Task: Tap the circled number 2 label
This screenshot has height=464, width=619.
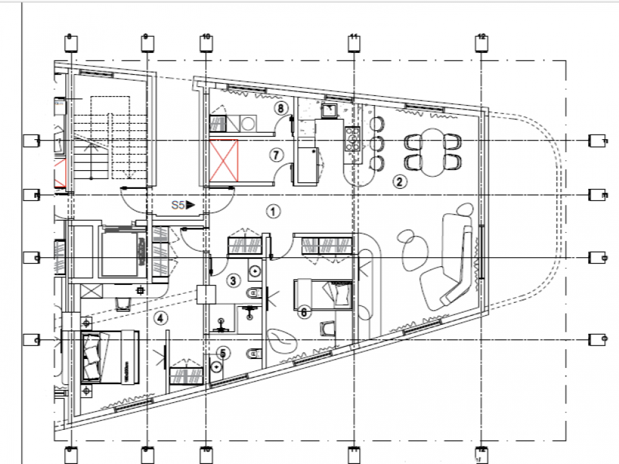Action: (x=400, y=182)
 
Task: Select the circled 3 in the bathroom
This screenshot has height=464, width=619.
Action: (x=233, y=280)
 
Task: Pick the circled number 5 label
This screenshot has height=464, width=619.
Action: (x=222, y=353)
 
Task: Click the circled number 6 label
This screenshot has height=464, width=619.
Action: (x=305, y=313)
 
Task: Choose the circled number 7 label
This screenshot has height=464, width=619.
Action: (x=275, y=155)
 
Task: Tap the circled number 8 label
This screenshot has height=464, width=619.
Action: (x=280, y=108)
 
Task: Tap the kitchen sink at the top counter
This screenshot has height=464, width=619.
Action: (x=330, y=110)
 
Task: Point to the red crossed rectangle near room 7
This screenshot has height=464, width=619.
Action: (x=224, y=161)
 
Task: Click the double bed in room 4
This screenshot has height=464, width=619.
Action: (x=110, y=356)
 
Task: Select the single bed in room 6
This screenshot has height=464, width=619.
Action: (x=322, y=293)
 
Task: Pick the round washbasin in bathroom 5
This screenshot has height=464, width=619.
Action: (x=216, y=366)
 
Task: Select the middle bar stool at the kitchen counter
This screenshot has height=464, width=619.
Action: (x=378, y=142)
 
